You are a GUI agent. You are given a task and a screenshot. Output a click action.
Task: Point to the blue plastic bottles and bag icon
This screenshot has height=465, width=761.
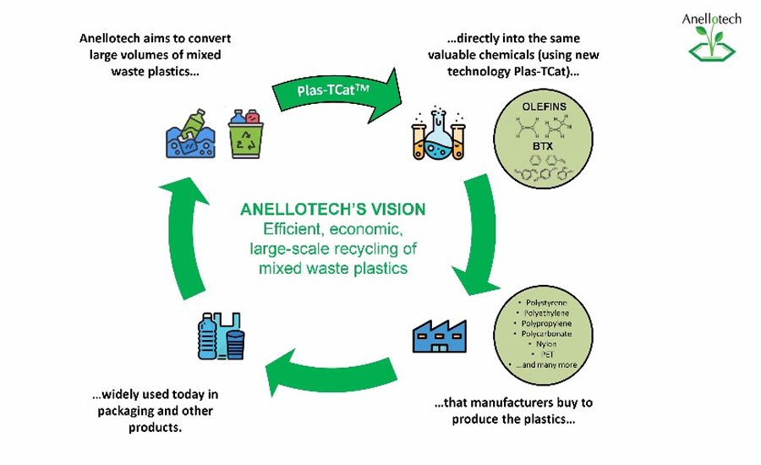(x=222, y=336)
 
